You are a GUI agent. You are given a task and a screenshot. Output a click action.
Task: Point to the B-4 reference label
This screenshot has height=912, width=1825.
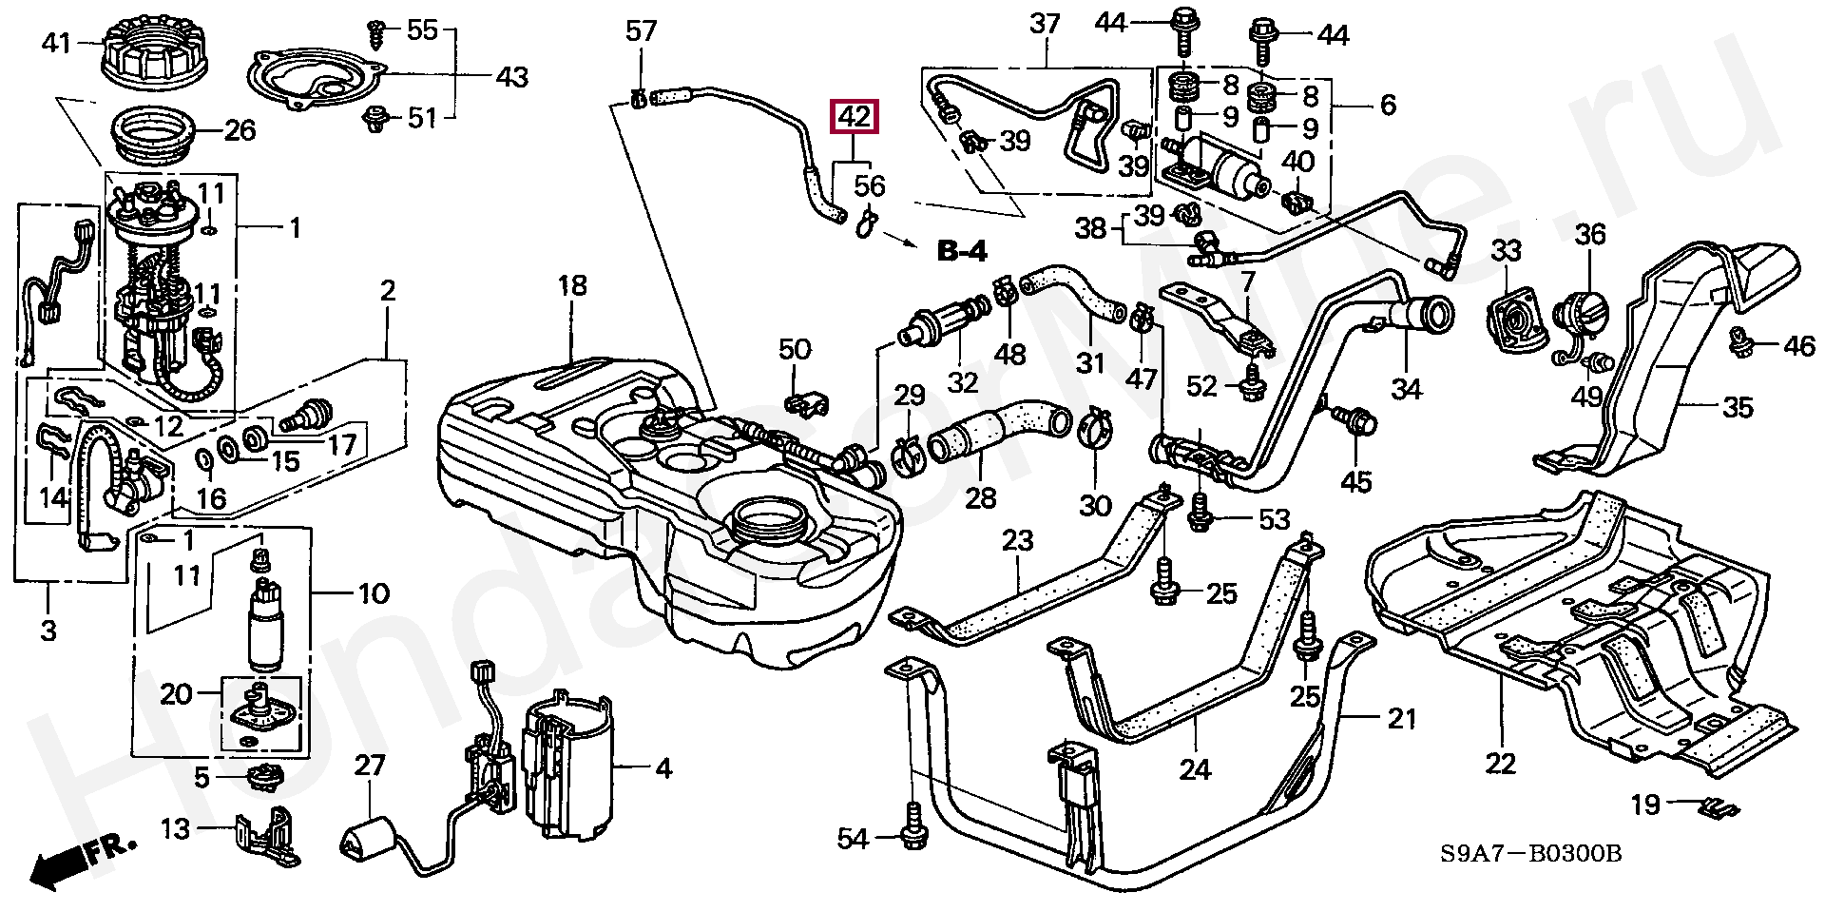(x=962, y=251)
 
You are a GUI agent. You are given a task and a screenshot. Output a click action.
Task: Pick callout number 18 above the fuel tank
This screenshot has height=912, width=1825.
(x=572, y=286)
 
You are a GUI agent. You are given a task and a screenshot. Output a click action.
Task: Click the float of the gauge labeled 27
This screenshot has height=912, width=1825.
(x=367, y=837)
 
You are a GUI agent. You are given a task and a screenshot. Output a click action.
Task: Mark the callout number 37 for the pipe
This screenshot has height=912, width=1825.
(x=1045, y=24)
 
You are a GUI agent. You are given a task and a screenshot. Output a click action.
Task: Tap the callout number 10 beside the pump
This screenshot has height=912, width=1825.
(x=374, y=594)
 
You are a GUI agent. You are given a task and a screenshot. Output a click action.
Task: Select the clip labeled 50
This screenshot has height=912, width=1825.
(x=806, y=403)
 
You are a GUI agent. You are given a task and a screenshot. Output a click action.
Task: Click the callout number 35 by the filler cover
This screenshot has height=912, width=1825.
(x=1738, y=407)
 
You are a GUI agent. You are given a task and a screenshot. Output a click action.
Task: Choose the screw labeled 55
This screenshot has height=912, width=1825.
(x=376, y=32)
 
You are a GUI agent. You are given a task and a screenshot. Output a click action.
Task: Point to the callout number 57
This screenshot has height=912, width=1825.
(x=641, y=31)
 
